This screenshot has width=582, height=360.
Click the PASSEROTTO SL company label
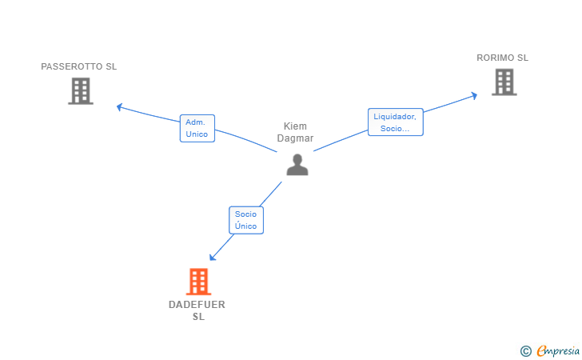click(78, 66)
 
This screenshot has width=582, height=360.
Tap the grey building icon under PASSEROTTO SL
click(81, 91)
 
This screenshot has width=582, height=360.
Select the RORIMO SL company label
click(502, 58)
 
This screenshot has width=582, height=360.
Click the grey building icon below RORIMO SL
click(504, 82)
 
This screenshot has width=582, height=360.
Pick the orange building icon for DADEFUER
click(198, 282)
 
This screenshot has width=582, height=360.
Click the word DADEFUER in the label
click(197, 305)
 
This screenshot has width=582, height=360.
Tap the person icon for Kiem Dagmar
click(297, 165)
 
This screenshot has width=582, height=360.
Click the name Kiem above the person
click(295, 126)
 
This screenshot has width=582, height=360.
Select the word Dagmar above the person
click(295, 138)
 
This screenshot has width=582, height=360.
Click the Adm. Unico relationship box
click(197, 128)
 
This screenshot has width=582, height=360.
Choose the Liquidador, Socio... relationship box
click(395, 122)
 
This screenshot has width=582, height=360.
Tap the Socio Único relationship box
click(246, 220)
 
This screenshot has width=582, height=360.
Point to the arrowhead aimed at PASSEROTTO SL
click(119, 107)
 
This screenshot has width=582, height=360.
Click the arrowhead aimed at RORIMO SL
click(474, 96)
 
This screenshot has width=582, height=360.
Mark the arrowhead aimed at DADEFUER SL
click(212, 257)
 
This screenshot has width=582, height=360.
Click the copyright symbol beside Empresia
click(525, 351)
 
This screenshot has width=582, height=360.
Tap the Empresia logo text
click(558, 351)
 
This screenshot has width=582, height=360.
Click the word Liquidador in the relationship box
click(395, 117)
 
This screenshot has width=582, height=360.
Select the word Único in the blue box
click(245, 226)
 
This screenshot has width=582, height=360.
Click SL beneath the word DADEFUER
click(198, 317)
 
